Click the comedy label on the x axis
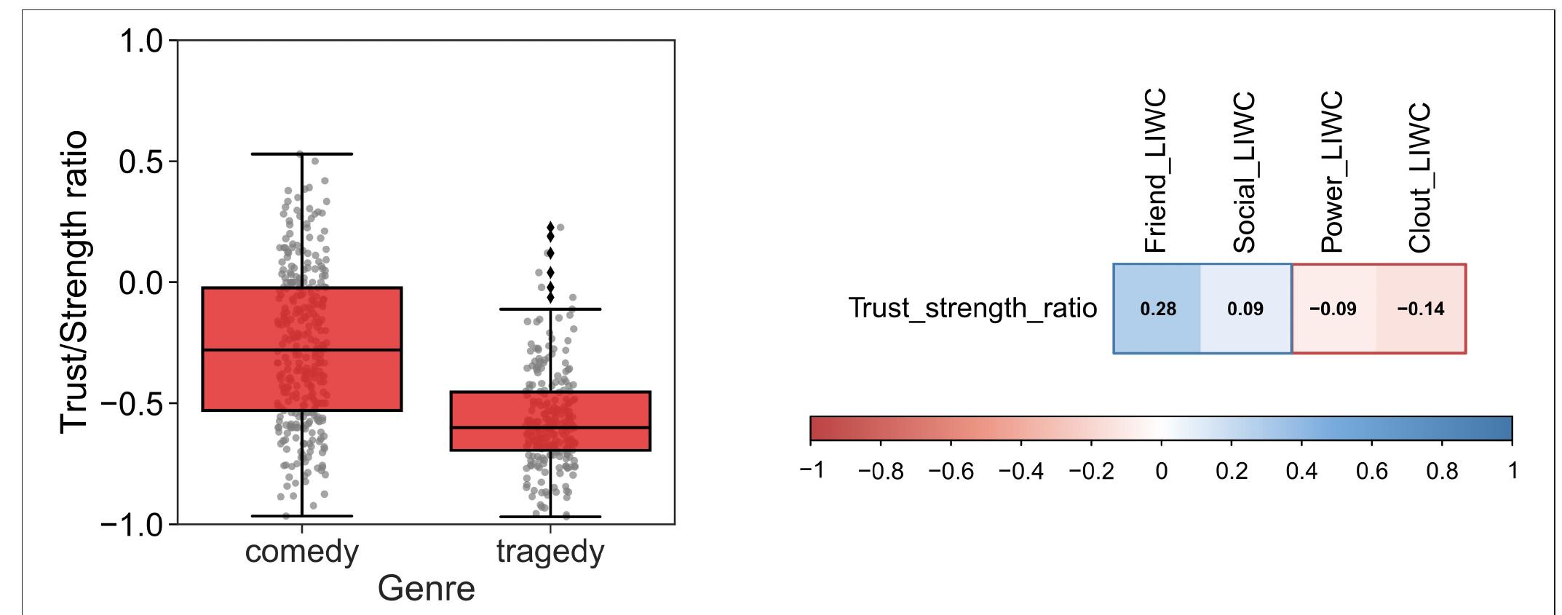(301, 552)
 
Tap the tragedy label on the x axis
(550, 552)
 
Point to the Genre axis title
(426, 588)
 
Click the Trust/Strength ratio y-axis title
(75, 282)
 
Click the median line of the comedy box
(301, 350)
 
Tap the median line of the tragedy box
(550, 427)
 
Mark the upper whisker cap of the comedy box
(301, 154)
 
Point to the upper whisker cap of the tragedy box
(550, 309)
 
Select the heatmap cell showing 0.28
(1157, 309)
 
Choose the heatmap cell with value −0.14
(1421, 309)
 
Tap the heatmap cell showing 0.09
(1245, 309)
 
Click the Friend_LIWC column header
(1155, 171)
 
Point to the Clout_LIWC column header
(1420, 178)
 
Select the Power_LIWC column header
(1331, 172)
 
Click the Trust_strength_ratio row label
(972, 309)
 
